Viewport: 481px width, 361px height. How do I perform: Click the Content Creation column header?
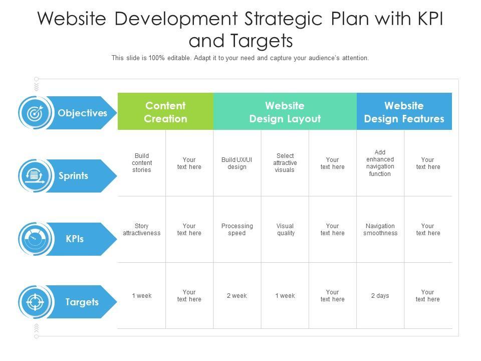(x=165, y=111)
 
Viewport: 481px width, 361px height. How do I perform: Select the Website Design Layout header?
(x=285, y=111)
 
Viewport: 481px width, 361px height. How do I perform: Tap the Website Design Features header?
(x=404, y=111)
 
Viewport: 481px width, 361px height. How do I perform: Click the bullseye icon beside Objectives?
(x=35, y=113)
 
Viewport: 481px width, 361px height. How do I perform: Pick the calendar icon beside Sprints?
(x=35, y=176)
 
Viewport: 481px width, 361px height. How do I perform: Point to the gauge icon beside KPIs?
(x=35, y=239)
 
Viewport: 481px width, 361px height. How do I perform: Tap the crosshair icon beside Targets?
(x=35, y=302)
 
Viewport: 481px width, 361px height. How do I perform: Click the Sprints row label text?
(x=73, y=176)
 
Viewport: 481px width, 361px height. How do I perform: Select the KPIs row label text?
(x=75, y=239)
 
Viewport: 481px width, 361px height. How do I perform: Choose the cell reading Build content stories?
(x=142, y=162)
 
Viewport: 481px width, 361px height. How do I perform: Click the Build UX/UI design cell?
(x=237, y=163)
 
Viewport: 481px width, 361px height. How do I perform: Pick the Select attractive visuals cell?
(x=285, y=162)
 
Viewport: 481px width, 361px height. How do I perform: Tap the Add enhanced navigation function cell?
(x=380, y=163)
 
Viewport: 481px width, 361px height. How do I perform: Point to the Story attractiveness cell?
(x=142, y=230)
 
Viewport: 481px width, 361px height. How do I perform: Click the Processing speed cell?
(x=237, y=230)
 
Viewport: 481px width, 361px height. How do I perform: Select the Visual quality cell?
(x=286, y=230)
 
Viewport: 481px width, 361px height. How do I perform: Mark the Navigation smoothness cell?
(x=380, y=230)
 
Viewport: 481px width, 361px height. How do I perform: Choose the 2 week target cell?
(x=237, y=296)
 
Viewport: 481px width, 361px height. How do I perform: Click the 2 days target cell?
(x=380, y=296)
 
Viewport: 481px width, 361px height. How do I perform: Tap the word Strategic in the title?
(x=283, y=19)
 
